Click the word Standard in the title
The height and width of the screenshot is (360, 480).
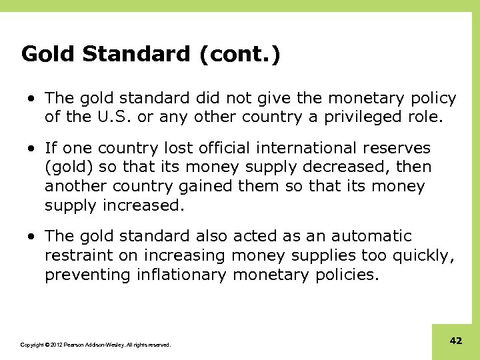click(136, 54)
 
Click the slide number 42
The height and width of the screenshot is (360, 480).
click(456, 341)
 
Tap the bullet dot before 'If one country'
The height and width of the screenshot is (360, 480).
click(32, 148)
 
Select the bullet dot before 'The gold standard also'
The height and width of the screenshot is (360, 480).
click(32, 237)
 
